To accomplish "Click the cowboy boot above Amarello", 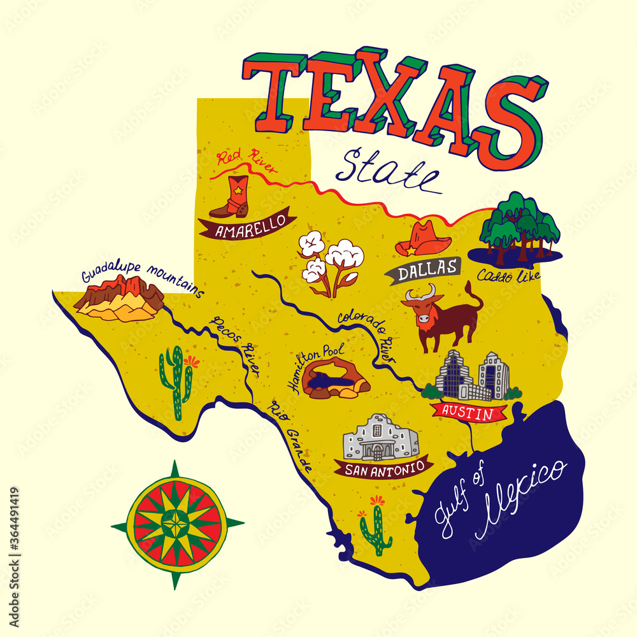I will pos(230,197).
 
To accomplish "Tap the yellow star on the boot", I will pos(238,189).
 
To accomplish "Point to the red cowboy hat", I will pos(422,240).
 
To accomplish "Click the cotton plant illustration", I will pos(332,262).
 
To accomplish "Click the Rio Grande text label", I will pos(290,436).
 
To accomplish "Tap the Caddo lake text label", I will pos(508,275).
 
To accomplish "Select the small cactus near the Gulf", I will pos(375,526).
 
